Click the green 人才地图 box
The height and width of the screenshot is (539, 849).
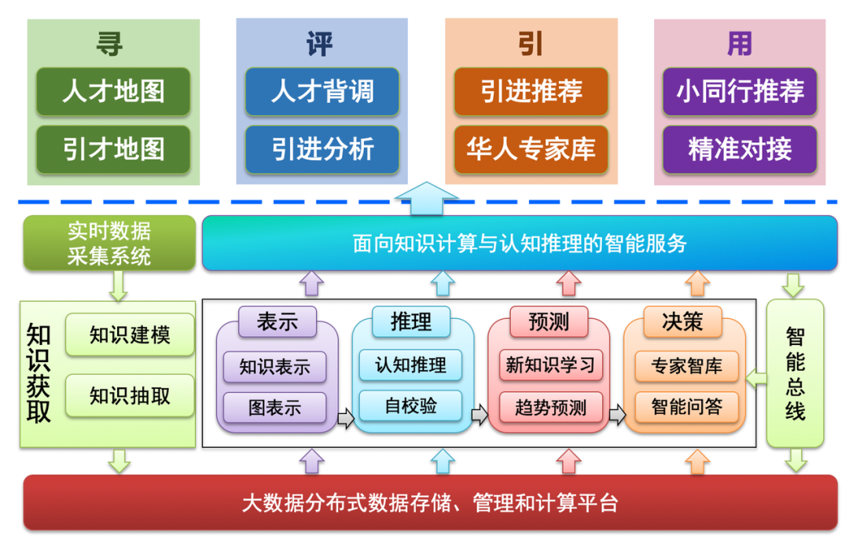pos(113,92)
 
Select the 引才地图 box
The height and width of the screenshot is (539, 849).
pos(113,148)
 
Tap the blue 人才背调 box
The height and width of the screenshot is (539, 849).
pos(322,92)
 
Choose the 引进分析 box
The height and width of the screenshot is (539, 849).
pos(322,148)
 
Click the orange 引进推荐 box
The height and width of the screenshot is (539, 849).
pos(531,92)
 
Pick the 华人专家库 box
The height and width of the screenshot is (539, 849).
pos(531,148)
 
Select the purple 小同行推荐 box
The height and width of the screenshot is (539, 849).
pos(740,92)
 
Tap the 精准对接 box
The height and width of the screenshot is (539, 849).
pos(740,148)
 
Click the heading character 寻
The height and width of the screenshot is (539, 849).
pos(112,44)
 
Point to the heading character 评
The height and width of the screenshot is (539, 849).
pos(320,44)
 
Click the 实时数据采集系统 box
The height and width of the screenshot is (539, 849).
pos(108,244)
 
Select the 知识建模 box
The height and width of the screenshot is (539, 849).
pos(130,335)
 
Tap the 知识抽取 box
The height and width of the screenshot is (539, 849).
pos(130,395)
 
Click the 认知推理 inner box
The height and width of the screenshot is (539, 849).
pos(410,365)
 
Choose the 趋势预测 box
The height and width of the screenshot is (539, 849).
pos(550,407)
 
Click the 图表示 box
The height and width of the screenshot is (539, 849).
pos(274,408)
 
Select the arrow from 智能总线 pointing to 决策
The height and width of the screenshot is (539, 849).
pos(756,379)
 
